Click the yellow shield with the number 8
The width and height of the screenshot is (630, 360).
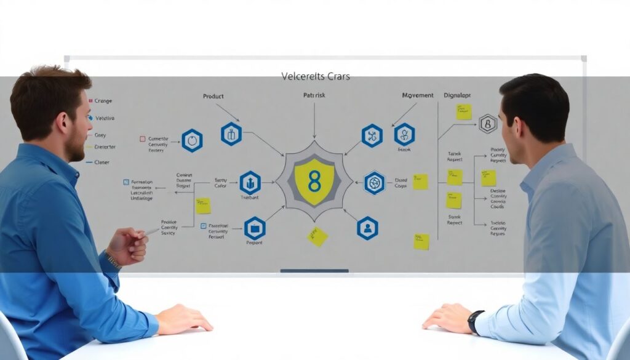point(314,181)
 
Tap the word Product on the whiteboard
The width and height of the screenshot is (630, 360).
point(213,97)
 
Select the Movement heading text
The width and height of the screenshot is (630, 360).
point(417,96)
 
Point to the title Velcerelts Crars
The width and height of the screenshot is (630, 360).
point(315,76)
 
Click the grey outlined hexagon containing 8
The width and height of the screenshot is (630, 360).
point(488,124)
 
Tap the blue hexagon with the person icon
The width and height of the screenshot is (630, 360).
point(367,228)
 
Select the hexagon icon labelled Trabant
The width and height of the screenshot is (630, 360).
point(250,183)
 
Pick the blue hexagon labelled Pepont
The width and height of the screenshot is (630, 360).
point(254,228)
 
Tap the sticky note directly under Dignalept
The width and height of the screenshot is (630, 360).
point(464,112)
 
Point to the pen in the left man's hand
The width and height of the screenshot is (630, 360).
point(151,232)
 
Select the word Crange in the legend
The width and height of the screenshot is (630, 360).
point(103,101)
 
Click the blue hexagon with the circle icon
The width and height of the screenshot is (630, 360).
point(192,140)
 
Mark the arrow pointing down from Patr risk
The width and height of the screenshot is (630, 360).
point(314,120)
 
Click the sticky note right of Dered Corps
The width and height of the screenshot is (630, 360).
point(420,182)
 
